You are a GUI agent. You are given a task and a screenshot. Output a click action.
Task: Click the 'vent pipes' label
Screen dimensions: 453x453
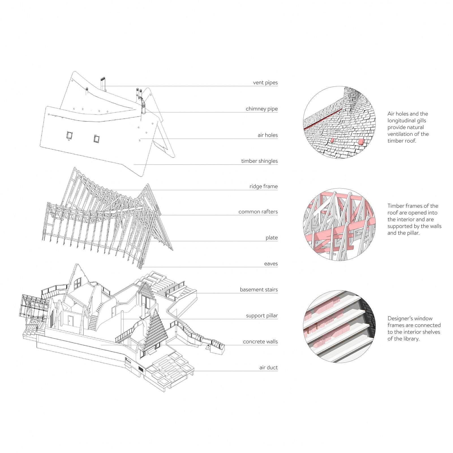pos(265,83)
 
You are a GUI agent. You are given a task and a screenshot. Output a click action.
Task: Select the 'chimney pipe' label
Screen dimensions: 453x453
pos(262,109)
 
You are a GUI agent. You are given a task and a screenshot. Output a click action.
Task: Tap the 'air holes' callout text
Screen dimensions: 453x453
pos(268,135)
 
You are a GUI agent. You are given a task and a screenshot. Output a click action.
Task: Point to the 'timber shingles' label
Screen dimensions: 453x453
pos(259,161)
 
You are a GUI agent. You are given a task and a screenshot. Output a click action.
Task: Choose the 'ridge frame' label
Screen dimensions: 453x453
pos(264,186)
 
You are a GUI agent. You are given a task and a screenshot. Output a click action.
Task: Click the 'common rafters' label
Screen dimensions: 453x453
pos(258,211)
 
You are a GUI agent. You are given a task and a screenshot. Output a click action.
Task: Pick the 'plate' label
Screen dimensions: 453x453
pos(272,238)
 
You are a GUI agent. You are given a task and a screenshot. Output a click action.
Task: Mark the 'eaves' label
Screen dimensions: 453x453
pos(271,264)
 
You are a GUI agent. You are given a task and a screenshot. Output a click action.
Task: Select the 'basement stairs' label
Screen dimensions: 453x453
pos(259,290)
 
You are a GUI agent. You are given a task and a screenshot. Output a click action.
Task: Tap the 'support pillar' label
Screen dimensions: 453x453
pos(262,316)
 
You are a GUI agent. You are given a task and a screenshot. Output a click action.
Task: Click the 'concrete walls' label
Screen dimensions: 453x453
pos(260,342)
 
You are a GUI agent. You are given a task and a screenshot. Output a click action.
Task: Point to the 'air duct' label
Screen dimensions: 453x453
pos(269,368)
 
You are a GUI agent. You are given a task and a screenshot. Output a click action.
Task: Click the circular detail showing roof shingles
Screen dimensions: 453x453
pos(340,122)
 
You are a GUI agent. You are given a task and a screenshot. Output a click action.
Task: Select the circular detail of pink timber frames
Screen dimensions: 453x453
pos(340,224)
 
